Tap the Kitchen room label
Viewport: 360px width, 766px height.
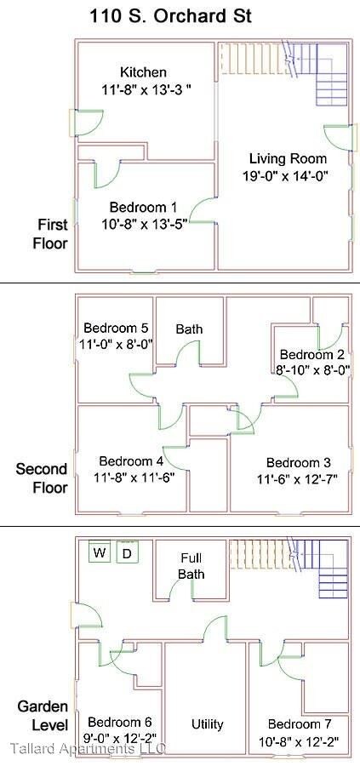143,72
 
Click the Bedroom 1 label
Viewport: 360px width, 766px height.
143,207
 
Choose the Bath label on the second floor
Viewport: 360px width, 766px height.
189,329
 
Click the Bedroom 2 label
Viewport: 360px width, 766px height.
311,354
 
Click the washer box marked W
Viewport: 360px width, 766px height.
100,554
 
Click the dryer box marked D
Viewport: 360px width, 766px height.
128,554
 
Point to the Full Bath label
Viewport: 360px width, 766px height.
191,566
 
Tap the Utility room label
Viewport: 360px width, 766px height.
207,724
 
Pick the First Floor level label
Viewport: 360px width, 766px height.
51,233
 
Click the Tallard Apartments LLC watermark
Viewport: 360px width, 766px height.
87,749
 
